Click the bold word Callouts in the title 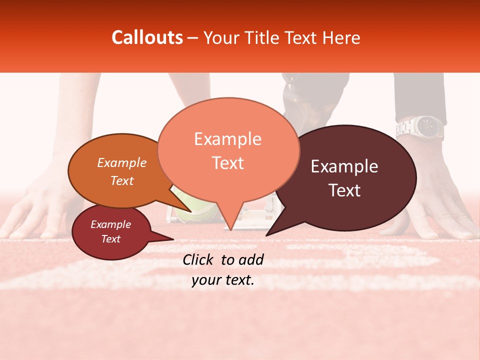pos(147,37)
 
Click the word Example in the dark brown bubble pos(344,166)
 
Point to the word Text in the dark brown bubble pos(344,190)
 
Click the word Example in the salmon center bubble pos(227,139)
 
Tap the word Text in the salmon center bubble pos(227,163)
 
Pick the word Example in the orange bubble pos(121,163)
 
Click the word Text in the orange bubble pos(121,180)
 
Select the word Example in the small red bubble pos(110,224)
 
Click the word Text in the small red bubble pos(110,239)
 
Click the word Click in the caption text pos(198,259)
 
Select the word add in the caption pos(252,259)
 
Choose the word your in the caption pos(205,280)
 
